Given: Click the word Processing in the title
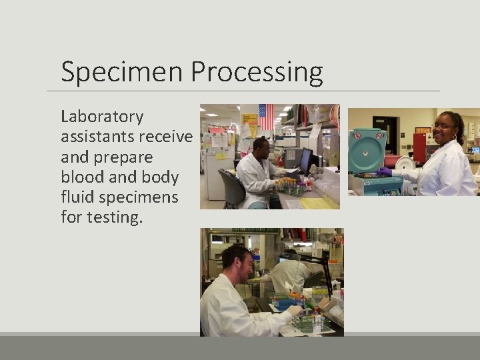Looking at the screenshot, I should coord(257,72).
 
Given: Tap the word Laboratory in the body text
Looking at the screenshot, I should coord(102,117).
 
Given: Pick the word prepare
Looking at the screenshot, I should coord(125,157).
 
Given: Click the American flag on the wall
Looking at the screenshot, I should coord(266,117).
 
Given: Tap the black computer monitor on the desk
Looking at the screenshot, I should coord(305,161).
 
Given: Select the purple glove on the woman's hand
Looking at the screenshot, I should coord(384,171).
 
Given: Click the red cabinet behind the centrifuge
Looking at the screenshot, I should coord(419,148).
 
